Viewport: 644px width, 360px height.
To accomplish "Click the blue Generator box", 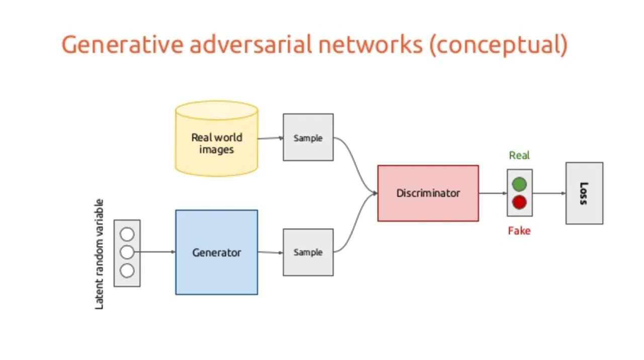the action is point(216,252).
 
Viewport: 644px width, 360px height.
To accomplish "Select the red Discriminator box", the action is point(428,193).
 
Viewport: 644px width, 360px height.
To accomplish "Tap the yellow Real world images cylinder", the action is point(216,138).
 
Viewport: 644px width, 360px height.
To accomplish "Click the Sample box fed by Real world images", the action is point(308,137).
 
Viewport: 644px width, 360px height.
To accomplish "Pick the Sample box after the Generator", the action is point(308,252).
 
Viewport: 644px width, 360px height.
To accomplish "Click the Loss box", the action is point(584,193).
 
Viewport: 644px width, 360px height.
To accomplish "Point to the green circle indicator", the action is point(519,184).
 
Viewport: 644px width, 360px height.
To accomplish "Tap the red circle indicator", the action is point(519,202).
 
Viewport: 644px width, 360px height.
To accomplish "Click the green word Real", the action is point(519,156).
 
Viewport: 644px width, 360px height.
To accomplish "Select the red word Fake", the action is point(519,231).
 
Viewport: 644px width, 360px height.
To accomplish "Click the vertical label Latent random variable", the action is point(99,254).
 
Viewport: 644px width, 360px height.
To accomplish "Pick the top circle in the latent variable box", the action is point(127,234).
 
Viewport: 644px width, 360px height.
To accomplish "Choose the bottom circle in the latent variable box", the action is point(127,270).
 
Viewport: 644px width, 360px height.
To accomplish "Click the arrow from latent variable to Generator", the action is point(154,252).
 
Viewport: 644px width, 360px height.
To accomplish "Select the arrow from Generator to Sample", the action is point(271,253).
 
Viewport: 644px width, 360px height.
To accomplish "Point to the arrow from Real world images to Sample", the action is point(271,138).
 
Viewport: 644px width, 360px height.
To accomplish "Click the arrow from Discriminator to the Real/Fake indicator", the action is point(493,193).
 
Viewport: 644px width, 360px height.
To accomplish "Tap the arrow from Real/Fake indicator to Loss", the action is point(549,193).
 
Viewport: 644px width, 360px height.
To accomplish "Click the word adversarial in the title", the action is point(251,44).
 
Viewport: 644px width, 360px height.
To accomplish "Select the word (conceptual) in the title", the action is point(498,45).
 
